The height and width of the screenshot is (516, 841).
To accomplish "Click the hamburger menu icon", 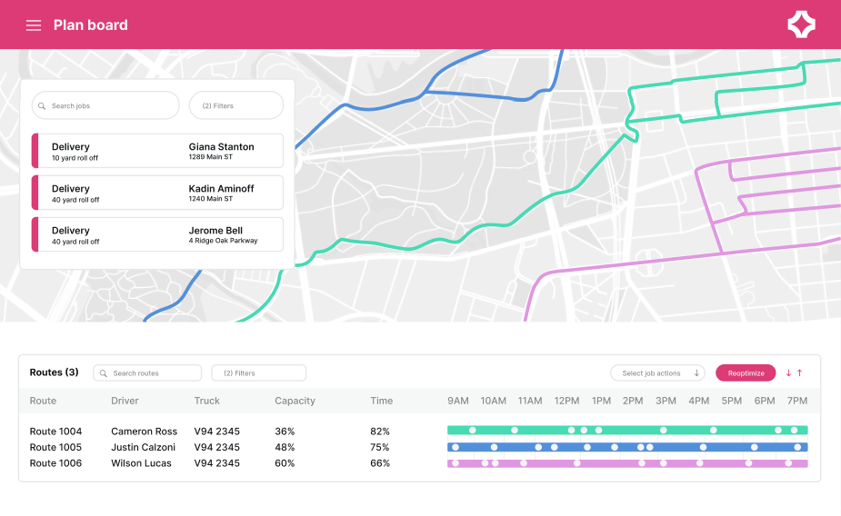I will [x=34, y=25].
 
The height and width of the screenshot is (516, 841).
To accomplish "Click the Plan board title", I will [x=90, y=25].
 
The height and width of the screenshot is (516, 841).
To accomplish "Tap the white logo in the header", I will [x=801, y=25].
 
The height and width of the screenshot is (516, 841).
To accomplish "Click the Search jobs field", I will [x=105, y=105].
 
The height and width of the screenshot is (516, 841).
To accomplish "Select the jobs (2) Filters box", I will [x=235, y=105].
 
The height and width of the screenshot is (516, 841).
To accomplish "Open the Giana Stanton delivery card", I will [x=157, y=151].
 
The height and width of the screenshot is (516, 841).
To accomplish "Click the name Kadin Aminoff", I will [x=221, y=188].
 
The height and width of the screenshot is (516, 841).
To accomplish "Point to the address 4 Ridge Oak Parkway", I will [x=223, y=242].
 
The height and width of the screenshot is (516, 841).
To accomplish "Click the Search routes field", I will [x=147, y=372].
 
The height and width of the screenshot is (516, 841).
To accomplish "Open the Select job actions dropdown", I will [x=657, y=372].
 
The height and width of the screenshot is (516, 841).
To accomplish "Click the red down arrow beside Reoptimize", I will [x=788, y=372].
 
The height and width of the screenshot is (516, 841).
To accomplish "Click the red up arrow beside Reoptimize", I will [x=800, y=372].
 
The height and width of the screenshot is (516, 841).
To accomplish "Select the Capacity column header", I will [x=295, y=401].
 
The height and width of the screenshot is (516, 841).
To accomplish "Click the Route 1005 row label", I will [x=55, y=447].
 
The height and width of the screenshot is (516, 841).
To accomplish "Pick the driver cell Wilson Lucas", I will [x=142, y=463].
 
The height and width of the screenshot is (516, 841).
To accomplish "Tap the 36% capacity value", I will [x=285, y=431].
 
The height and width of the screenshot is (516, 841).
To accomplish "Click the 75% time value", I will [x=380, y=447].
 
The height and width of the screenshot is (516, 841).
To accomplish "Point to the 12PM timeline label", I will [x=566, y=401].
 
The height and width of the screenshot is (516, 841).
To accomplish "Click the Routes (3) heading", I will [x=54, y=372].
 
